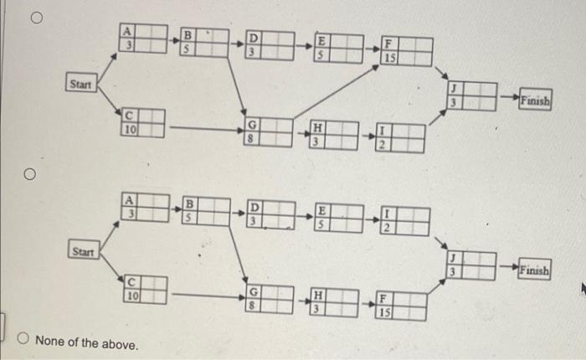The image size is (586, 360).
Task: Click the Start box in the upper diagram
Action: click(82, 83)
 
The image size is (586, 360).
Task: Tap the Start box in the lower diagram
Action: click(82, 250)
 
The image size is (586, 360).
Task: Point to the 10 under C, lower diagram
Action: click(131, 295)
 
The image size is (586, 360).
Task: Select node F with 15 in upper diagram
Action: click(408, 51)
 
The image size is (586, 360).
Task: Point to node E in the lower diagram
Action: click(338, 217)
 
